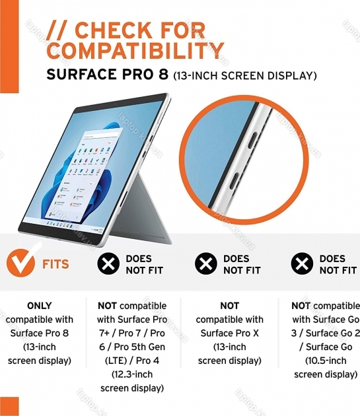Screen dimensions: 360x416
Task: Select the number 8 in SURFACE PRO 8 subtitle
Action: pyautogui.click(x=163, y=74)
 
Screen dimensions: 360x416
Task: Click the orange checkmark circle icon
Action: pyautogui.click(x=21, y=262)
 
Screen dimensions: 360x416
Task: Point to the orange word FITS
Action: pyautogui.click(x=55, y=264)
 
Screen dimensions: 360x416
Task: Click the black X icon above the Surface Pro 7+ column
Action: pyautogui.click(x=108, y=263)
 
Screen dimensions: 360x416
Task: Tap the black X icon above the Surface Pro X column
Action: pyautogui.click(x=205, y=263)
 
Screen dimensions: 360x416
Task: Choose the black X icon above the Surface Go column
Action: pyautogui.click(x=302, y=263)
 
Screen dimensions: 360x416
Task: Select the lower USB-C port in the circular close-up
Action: pyautogui.click(x=233, y=181)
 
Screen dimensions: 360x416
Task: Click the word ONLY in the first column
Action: pyautogui.click(x=39, y=306)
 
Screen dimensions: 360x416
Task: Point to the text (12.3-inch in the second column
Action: pyautogui.click(x=132, y=374)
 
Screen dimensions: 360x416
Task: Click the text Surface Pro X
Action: pyautogui.click(x=230, y=333)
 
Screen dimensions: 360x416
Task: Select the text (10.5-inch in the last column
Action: pyautogui.click(x=326, y=361)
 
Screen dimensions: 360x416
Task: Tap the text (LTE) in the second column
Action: pyautogui.click(x=116, y=361)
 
